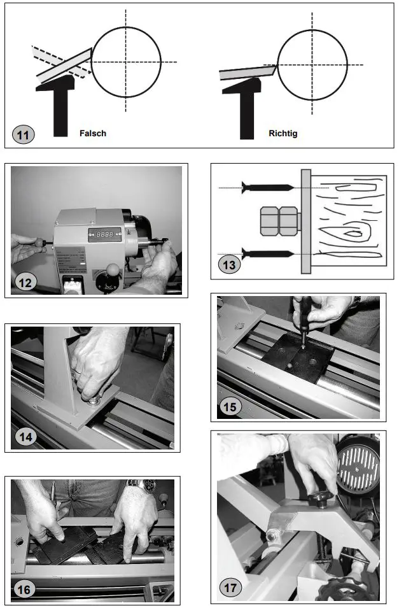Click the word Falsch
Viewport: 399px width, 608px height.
(x=93, y=134)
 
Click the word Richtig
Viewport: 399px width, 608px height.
(x=283, y=134)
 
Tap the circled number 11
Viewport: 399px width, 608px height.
(x=24, y=135)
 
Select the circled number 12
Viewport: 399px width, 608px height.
(x=25, y=281)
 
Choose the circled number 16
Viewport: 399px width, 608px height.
(x=24, y=590)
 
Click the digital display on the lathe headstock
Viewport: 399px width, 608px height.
(x=102, y=234)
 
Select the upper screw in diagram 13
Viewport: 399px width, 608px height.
(x=267, y=187)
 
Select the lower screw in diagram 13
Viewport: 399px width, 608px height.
(x=267, y=253)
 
